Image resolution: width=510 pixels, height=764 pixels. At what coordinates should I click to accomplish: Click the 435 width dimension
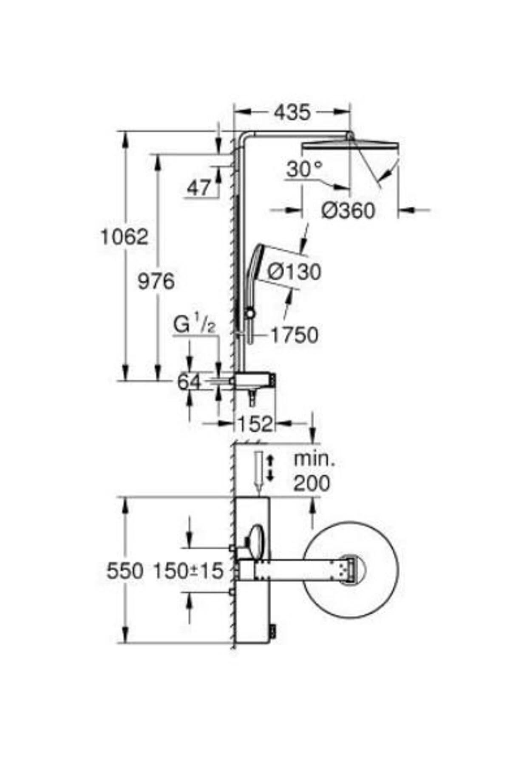click(292, 113)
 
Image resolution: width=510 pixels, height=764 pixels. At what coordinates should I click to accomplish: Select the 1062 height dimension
click(124, 237)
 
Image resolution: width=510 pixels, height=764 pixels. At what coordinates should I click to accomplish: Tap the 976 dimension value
click(156, 281)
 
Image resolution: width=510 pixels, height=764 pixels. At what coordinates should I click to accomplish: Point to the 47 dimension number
click(199, 188)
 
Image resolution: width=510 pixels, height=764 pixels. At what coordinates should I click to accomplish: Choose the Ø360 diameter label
click(348, 211)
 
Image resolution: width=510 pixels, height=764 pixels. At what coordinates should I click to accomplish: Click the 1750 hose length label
click(295, 335)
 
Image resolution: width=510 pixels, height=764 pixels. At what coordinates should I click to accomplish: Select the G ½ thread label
click(195, 326)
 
